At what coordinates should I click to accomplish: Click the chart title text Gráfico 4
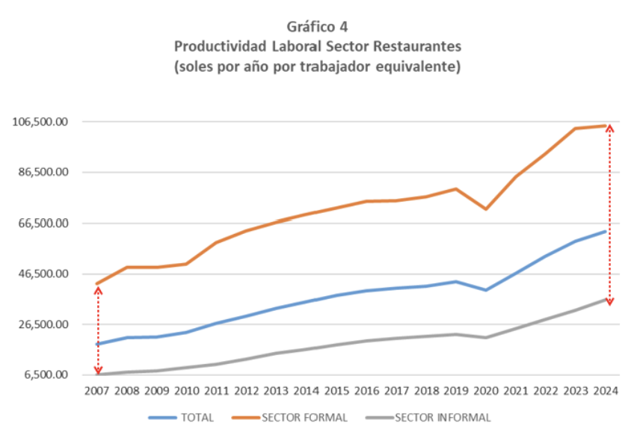(x=317, y=28)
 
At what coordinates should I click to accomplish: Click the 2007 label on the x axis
(x=96, y=391)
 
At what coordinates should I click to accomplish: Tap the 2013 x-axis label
(x=277, y=391)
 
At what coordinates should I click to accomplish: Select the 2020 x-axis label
(x=485, y=391)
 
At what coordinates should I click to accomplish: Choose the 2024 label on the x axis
(x=605, y=391)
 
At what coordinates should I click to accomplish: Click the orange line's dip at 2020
(x=486, y=209)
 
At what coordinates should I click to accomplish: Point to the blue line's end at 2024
(x=605, y=231)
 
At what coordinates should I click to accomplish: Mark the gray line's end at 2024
(x=605, y=299)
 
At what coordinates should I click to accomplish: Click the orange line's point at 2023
(x=575, y=129)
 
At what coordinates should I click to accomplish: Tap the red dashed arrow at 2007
(x=98, y=329)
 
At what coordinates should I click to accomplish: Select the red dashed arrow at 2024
(x=610, y=215)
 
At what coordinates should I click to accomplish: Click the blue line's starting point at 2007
(x=96, y=344)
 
